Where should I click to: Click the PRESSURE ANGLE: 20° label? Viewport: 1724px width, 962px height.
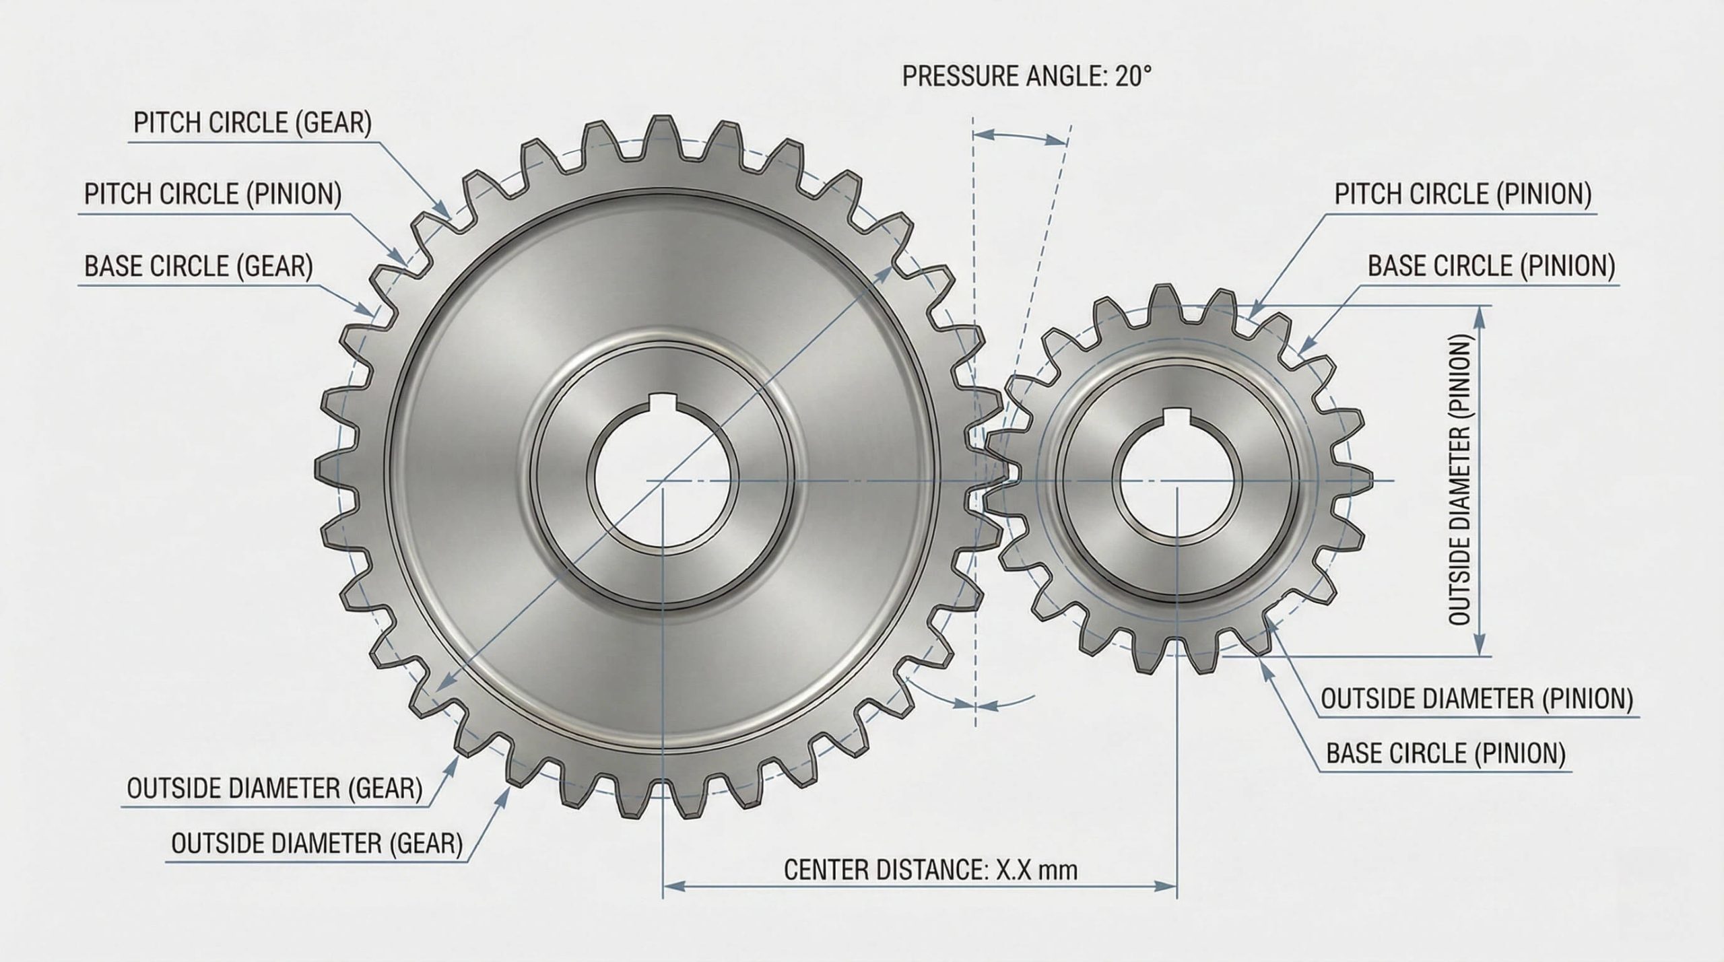point(1026,77)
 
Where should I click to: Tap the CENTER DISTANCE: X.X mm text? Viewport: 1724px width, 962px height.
point(931,870)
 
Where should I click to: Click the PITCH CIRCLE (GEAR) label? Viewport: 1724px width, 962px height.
point(253,123)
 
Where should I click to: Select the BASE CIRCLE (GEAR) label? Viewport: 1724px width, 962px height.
point(199,267)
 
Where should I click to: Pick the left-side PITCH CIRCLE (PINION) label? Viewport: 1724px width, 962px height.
point(213,195)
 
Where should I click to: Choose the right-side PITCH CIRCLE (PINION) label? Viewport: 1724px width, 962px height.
point(1463,195)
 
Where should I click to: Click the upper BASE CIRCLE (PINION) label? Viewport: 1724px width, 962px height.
point(1491,267)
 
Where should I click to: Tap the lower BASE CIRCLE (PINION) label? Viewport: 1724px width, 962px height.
point(1445,753)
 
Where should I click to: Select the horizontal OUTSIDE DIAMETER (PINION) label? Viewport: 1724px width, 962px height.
point(1477,699)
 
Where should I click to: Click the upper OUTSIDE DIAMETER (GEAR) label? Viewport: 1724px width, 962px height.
point(274,789)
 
